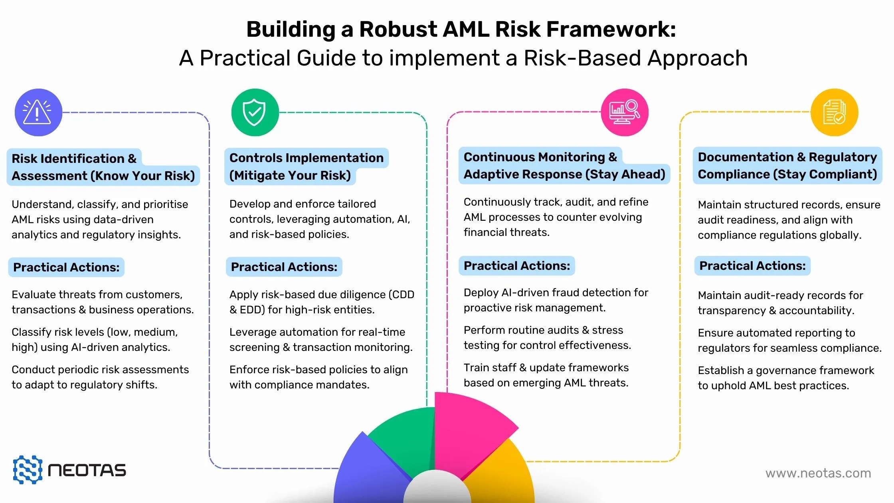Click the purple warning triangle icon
[38, 112]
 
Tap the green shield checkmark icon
[255, 112]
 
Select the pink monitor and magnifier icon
[625, 112]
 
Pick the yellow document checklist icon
[834, 112]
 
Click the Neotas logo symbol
[28, 470]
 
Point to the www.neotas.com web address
[818, 473]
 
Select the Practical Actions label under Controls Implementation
[284, 267]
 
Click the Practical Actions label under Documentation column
[752, 266]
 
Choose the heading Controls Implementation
[306, 158]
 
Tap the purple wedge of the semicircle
[367, 471]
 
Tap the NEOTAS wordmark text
[87, 471]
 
